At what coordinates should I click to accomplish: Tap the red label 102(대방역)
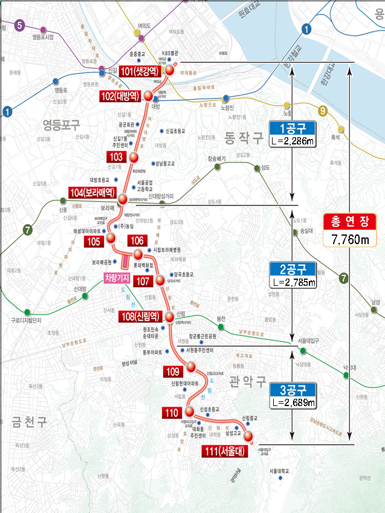[x=120, y=96]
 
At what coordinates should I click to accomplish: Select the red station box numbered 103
[x=117, y=157]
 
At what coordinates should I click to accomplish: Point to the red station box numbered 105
[x=93, y=242]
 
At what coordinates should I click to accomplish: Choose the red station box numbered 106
[x=137, y=240]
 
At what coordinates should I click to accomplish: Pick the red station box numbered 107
[x=143, y=281]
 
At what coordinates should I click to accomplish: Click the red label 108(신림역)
[x=142, y=316]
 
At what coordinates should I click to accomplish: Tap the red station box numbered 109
[x=172, y=371]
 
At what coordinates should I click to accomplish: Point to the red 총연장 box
[x=350, y=222]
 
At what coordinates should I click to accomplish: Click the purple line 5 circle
[x=19, y=25]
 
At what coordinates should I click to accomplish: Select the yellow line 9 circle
[x=323, y=111]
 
